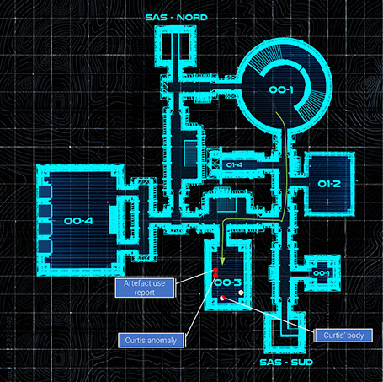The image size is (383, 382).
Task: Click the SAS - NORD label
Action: click(x=176, y=18)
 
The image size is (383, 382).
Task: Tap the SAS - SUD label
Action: click(x=286, y=362)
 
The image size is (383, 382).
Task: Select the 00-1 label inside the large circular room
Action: click(x=281, y=89)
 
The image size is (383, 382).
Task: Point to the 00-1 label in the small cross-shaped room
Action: click(x=322, y=273)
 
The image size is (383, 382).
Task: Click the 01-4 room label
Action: click(x=234, y=165)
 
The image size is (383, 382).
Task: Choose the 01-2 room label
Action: click(x=329, y=184)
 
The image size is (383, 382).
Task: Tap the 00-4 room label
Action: click(x=78, y=221)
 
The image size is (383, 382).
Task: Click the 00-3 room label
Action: click(x=228, y=282)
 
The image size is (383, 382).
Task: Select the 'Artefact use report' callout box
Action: click(x=145, y=288)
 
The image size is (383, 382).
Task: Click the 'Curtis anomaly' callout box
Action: click(x=151, y=341)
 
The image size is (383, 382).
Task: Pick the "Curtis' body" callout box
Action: click(x=343, y=336)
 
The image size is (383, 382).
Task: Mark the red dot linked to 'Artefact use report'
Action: click(x=215, y=271)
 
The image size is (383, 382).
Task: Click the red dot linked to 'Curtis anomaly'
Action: click(x=215, y=276)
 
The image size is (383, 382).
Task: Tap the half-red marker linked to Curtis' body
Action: click(x=222, y=298)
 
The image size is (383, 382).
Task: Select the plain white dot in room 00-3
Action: click(x=241, y=293)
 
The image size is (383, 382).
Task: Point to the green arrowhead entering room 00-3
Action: click(x=222, y=261)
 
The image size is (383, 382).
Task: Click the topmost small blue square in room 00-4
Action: click(x=45, y=191)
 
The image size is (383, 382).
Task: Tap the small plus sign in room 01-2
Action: click(x=328, y=202)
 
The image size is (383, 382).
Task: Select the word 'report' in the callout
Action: click(x=145, y=293)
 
